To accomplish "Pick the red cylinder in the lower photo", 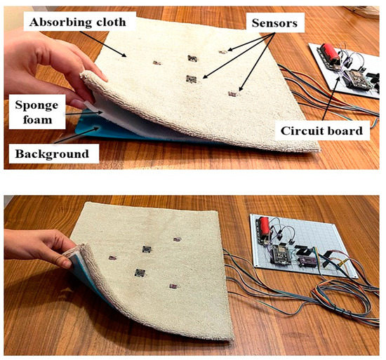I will [265, 229].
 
